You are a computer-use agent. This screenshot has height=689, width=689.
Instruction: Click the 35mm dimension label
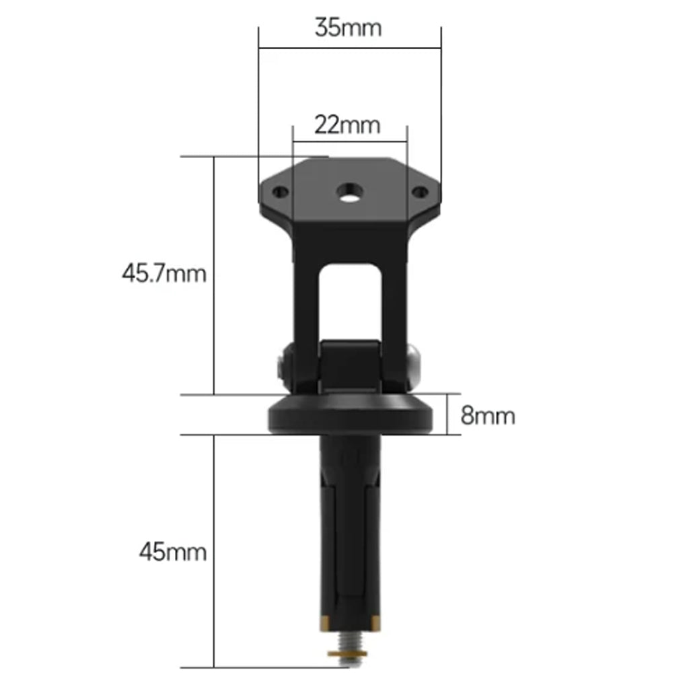(x=348, y=28)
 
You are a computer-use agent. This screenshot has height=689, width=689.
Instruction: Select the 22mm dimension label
(x=348, y=125)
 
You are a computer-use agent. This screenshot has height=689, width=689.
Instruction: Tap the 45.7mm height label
(x=164, y=274)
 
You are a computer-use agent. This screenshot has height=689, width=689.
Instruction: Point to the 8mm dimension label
(x=488, y=416)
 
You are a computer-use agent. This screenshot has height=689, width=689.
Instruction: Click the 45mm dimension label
(x=173, y=552)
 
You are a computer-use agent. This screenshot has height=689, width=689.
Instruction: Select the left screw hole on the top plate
(x=281, y=192)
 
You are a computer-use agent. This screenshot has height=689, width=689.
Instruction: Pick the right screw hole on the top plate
(x=419, y=192)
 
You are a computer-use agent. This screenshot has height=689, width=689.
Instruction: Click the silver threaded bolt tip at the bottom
(x=349, y=662)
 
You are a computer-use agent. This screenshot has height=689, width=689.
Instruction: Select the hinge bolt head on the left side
(x=283, y=367)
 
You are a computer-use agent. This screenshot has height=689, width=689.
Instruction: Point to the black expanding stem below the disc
(x=350, y=532)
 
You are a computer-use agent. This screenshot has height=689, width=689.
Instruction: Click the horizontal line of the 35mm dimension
(x=350, y=48)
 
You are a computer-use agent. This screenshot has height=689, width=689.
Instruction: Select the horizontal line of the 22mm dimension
(x=350, y=142)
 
